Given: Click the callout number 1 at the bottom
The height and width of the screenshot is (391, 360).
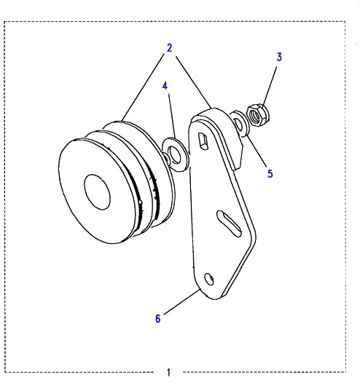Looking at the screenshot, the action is (168, 372).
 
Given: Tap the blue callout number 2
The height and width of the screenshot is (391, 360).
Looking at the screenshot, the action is (170, 48).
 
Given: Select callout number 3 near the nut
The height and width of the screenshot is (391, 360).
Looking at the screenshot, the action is (279, 57).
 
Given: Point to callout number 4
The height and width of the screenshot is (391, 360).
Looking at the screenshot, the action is (165, 86).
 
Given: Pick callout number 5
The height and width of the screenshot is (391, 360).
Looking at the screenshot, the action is (270, 173).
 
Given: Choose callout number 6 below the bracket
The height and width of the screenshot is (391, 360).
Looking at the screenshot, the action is (158, 318).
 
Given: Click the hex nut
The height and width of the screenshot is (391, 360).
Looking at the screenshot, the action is (258, 116).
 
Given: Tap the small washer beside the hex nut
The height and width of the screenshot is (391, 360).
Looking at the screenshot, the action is (240, 124).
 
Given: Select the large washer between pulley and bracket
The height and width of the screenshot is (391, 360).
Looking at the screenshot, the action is (175, 154).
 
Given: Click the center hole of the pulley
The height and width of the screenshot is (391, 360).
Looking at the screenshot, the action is (97, 192).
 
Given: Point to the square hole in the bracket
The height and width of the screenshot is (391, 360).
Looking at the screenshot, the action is (203, 141).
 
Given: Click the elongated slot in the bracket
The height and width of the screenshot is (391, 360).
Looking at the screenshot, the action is (229, 224).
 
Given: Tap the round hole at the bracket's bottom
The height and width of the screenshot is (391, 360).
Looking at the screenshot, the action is (208, 279).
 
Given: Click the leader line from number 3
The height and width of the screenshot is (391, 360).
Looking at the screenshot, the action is (270, 85).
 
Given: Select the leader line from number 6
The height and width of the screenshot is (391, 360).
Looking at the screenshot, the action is (182, 301).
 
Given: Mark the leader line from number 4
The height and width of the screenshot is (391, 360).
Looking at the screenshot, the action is (173, 116).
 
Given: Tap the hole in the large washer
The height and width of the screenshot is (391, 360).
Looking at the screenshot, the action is (174, 154).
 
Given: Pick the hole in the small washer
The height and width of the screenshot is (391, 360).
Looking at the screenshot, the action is (239, 125).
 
